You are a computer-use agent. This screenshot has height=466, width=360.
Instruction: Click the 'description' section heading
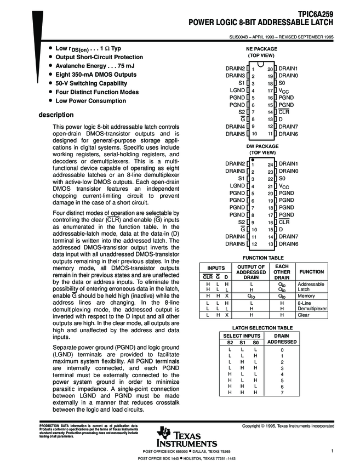coord(55,115)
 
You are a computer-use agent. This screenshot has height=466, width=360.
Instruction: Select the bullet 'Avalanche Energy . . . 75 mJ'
coord(88,66)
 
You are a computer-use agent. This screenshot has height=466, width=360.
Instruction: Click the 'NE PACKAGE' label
coord(261,49)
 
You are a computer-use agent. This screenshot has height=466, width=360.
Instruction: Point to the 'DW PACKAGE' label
coord(261,146)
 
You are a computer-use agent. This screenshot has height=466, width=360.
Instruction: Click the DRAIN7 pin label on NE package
coord(288,126)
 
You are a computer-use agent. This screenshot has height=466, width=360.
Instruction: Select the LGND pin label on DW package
coord(237,186)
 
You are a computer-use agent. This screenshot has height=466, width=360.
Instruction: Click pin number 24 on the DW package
coord(270,164)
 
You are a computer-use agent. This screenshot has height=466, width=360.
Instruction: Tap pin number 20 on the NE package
coord(270,69)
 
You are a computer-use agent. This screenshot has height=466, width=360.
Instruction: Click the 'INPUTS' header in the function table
coord(216,268)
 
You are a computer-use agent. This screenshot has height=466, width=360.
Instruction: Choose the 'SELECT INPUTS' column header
coord(242,335)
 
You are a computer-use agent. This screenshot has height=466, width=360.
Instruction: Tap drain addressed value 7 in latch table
coord(282,393)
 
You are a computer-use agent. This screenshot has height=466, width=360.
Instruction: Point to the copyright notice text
coord(288,426)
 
